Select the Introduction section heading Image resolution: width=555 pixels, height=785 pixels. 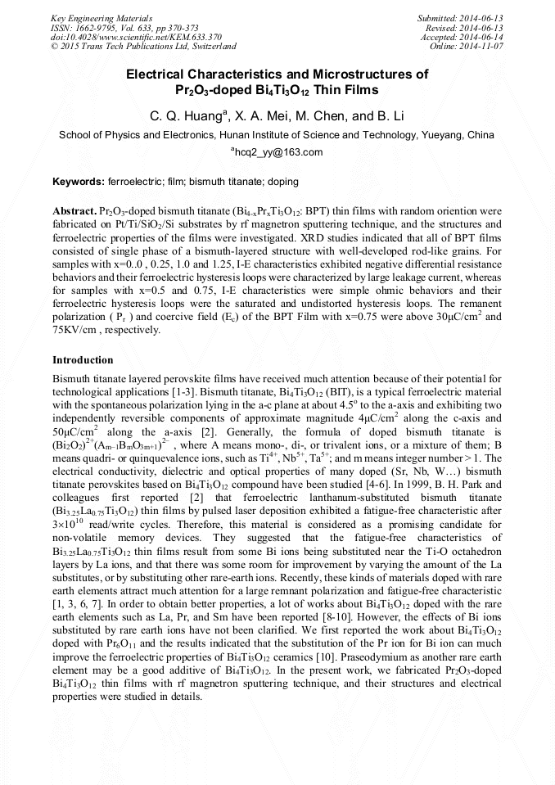(83, 360)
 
